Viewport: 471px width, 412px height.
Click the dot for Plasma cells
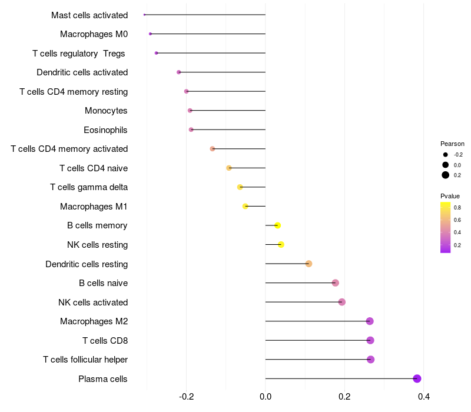417,378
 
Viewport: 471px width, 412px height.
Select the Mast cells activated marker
144,15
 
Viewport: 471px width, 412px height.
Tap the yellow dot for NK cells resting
281,244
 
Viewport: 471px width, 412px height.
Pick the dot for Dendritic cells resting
309,264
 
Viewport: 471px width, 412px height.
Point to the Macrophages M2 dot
370,321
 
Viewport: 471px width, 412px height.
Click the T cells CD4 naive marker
229,168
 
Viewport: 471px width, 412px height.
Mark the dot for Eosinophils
191,129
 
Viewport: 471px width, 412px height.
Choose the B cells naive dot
335,283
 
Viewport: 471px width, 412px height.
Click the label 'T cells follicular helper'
85,360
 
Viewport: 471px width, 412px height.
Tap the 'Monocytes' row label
106,111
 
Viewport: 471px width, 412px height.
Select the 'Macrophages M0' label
94,34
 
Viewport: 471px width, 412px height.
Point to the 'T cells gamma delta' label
89,187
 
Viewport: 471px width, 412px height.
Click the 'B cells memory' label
97,225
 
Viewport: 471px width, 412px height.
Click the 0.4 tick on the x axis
423,397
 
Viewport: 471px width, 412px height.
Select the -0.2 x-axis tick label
186,397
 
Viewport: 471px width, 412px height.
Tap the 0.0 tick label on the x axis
266,397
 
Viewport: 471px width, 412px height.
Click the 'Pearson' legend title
452,144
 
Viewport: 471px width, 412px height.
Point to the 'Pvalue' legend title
450,196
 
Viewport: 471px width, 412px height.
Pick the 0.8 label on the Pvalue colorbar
457,208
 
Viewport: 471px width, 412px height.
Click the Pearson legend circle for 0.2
446,175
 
